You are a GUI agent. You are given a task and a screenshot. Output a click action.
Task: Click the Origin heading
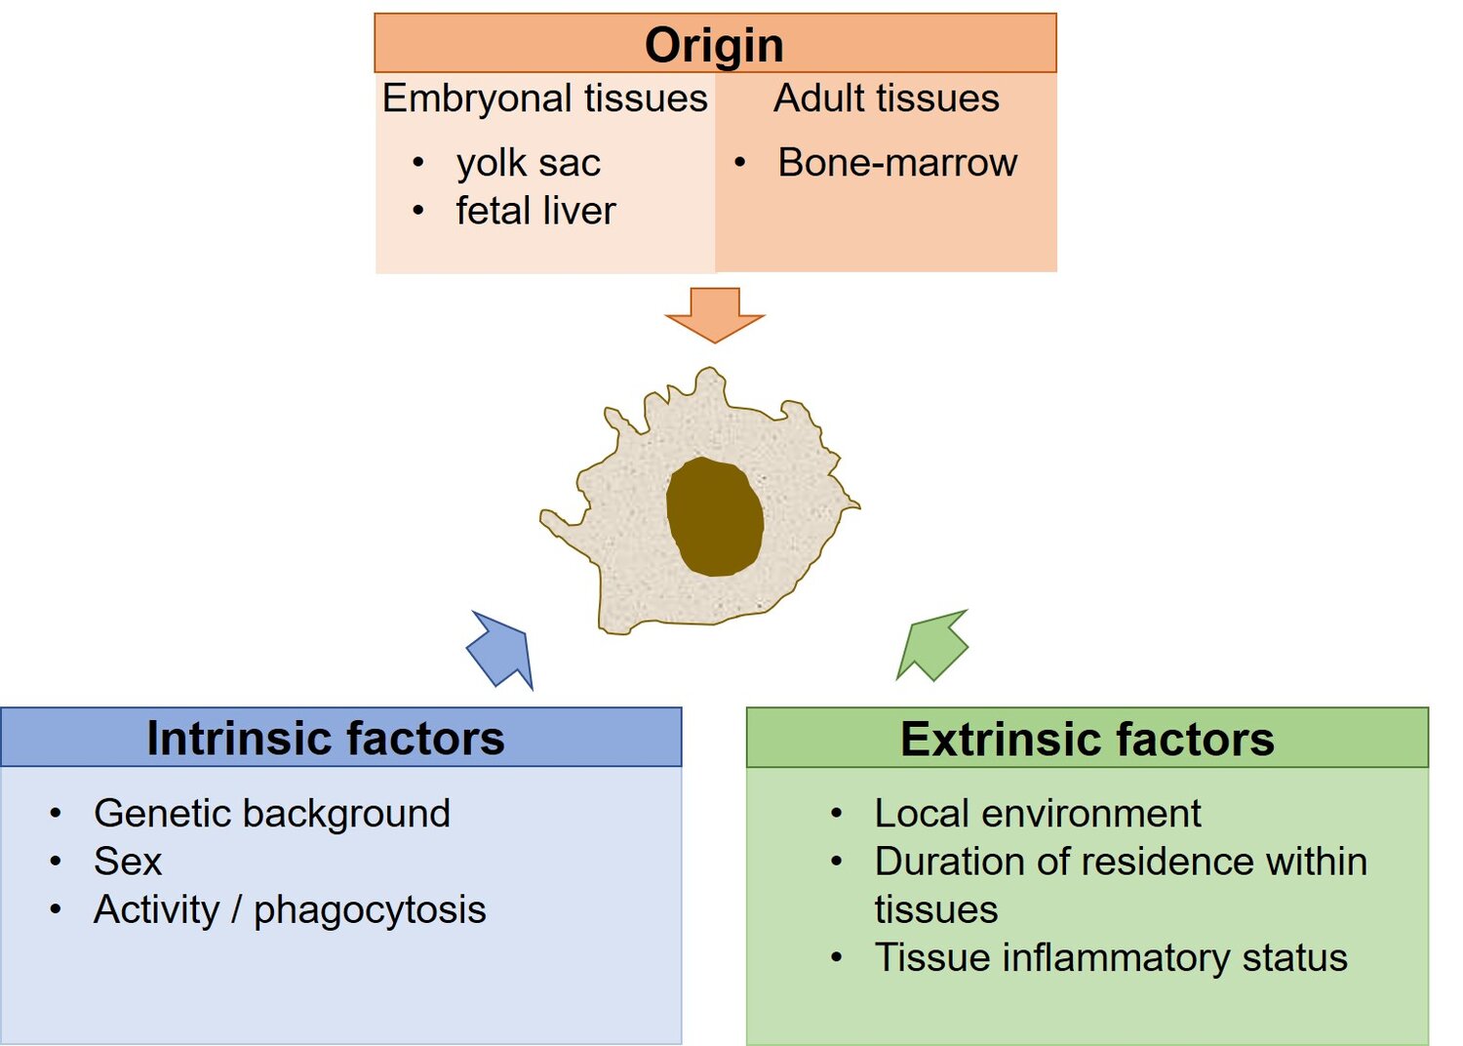pyautogui.click(x=714, y=45)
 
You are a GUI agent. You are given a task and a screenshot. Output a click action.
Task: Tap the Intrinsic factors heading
pyautogui.click(x=326, y=739)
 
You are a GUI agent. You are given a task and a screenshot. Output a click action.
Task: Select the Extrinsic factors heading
pyautogui.click(x=1087, y=740)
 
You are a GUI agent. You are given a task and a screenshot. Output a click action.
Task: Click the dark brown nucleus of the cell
pyautogui.click(x=714, y=516)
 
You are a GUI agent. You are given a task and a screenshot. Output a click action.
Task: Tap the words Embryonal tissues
pyautogui.click(x=544, y=99)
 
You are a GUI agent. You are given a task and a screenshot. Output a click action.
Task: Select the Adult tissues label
pyautogui.click(x=886, y=99)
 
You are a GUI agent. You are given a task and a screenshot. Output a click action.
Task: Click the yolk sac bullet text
pyautogui.click(x=528, y=163)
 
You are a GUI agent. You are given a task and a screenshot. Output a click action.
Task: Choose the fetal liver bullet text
pyautogui.click(x=535, y=211)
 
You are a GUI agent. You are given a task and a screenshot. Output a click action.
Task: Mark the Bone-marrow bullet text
pyautogui.click(x=896, y=163)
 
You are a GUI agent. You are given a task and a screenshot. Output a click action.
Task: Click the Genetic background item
pyautogui.click(x=272, y=813)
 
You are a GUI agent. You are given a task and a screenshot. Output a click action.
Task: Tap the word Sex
pyautogui.click(x=128, y=862)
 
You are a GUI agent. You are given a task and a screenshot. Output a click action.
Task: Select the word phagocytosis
pyautogui.click(x=370, y=909)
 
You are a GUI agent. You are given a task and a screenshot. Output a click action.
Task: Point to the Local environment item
pyautogui.click(x=1037, y=813)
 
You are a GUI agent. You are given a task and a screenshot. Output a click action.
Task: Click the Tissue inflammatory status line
pyautogui.click(x=1110, y=957)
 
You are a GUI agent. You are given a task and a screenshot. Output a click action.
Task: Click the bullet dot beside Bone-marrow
pyautogui.click(x=740, y=162)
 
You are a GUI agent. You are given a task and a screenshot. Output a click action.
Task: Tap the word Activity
pyautogui.click(x=156, y=909)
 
